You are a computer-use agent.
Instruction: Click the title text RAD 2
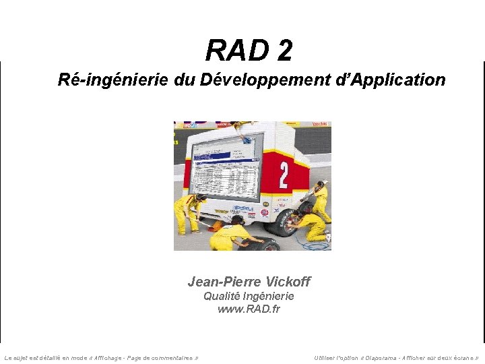(x=249, y=50)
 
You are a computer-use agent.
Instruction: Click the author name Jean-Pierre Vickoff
(x=249, y=282)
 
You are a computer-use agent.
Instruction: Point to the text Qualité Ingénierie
(x=249, y=296)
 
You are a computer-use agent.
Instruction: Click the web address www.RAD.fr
(x=249, y=309)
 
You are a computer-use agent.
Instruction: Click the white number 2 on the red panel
(x=283, y=175)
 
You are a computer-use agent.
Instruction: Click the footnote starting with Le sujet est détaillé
(x=101, y=358)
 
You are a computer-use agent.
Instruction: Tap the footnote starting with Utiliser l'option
(x=397, y=358)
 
